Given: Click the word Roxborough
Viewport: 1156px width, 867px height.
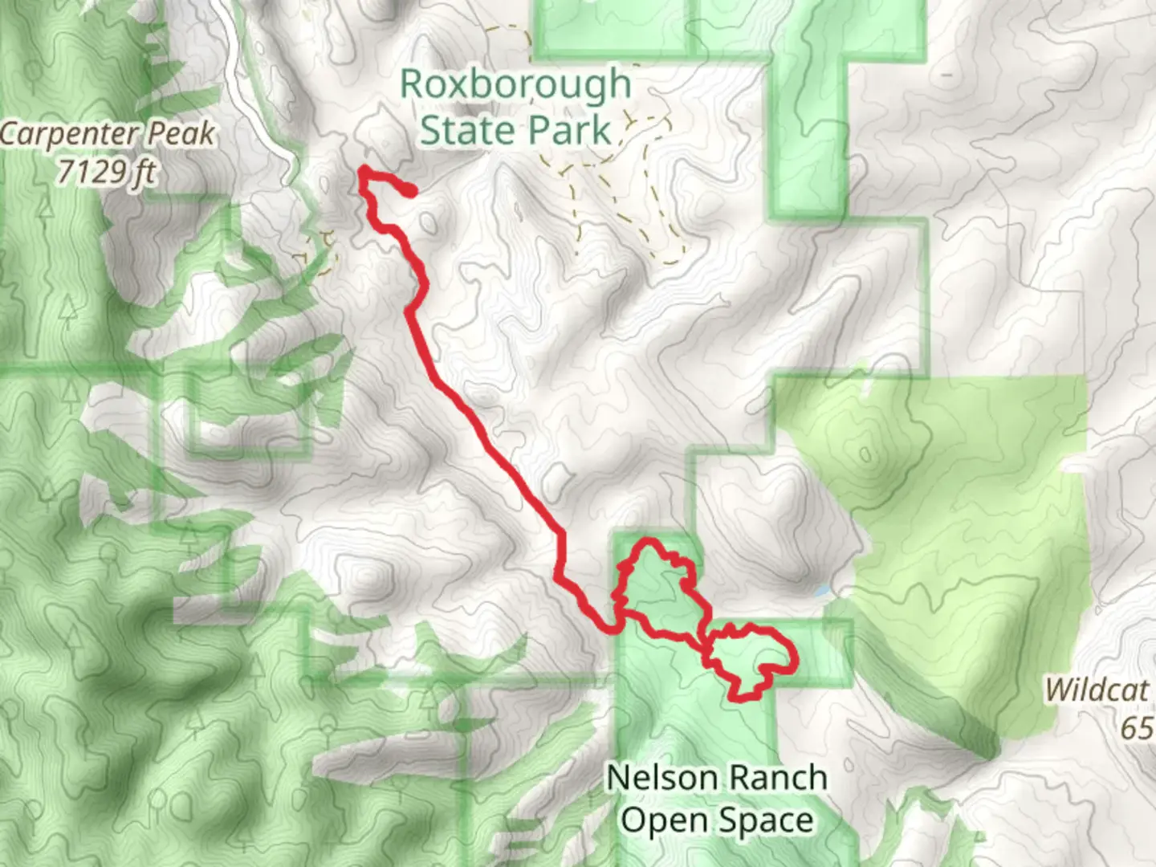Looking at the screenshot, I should [x=515, y=85].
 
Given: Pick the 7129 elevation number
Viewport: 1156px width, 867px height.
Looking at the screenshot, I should [x=84, y=171].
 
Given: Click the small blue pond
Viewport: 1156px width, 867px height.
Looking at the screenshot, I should [x=821, y=592].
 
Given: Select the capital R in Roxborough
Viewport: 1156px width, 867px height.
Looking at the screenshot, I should [x=411, y=85].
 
